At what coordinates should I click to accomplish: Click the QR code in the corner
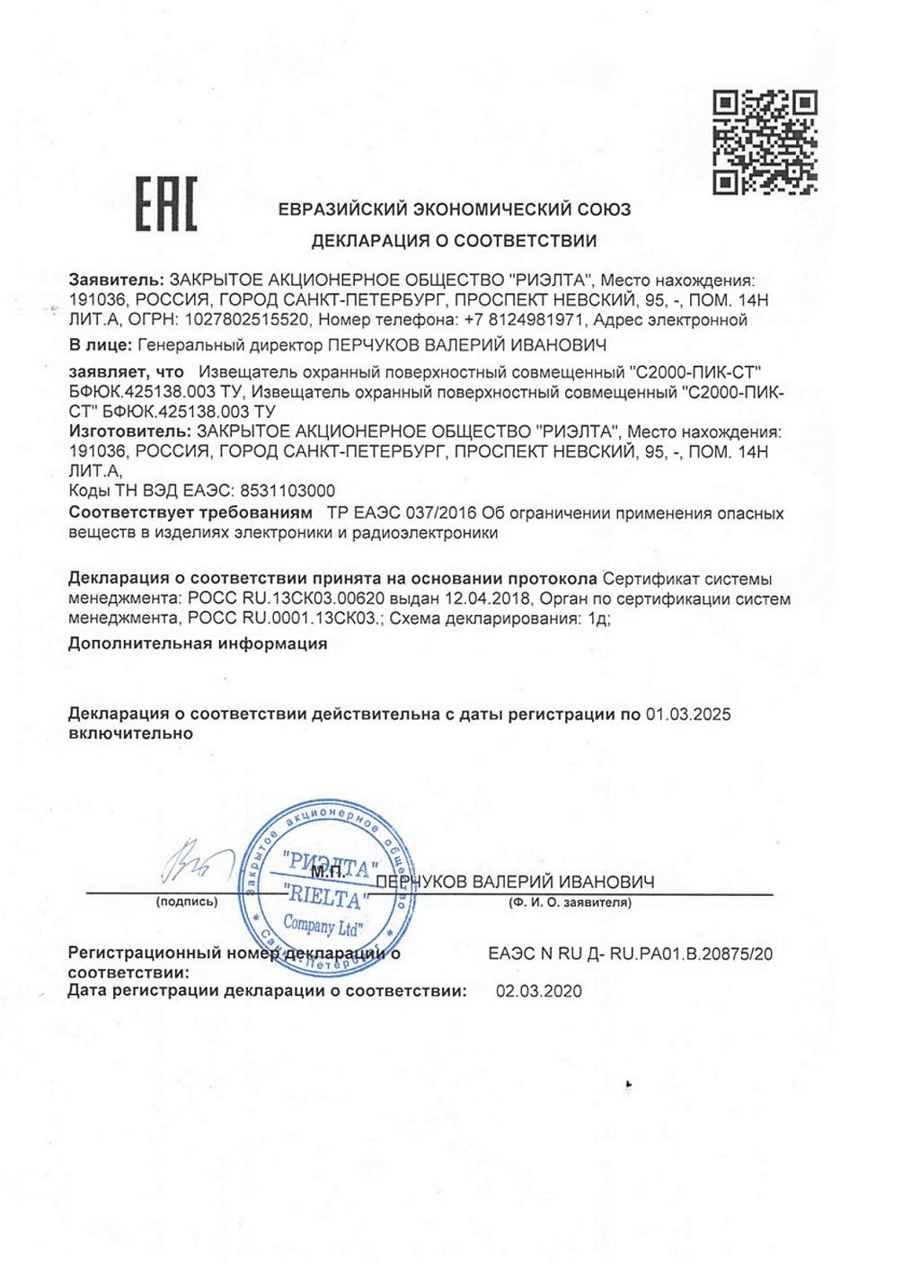pos(765,142)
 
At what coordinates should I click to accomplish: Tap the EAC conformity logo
pos(166,204)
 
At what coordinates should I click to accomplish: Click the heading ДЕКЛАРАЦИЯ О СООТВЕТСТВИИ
pos(454,241)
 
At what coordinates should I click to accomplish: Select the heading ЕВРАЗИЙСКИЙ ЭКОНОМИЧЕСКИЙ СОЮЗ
pos(454,209)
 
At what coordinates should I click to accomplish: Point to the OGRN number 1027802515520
pos(247,320)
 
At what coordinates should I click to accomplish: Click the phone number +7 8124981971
pos(525,320)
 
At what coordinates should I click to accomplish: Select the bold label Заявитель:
pos(117,280)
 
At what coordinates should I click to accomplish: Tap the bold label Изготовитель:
pos(130,432)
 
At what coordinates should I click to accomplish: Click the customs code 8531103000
pos(287,491)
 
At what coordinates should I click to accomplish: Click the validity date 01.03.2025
pos(688,714)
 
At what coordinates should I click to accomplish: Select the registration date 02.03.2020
pos(539,991)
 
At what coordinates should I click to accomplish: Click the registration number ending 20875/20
pos(631,954)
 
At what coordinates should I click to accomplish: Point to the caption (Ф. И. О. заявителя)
pos(571,902)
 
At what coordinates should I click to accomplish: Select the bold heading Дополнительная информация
pos(198,643)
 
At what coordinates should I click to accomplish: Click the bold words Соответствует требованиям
pos(190,513)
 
